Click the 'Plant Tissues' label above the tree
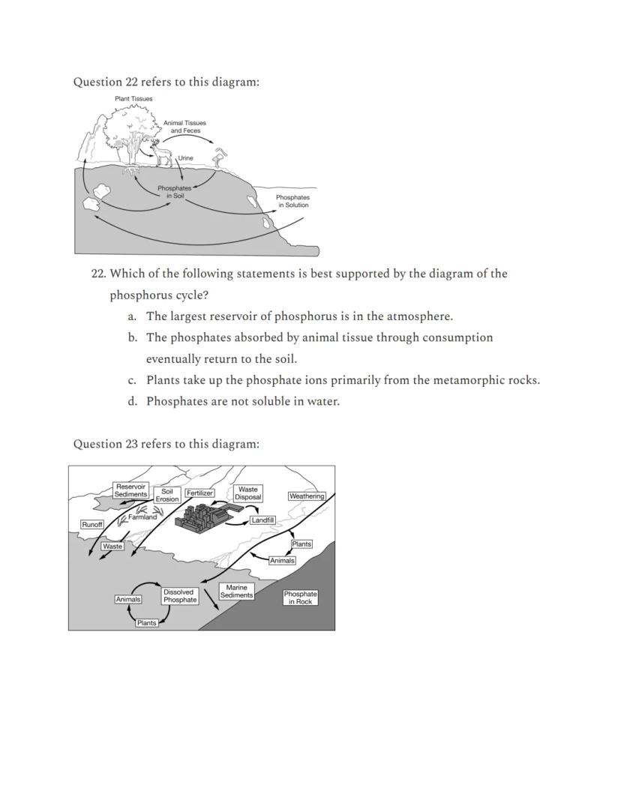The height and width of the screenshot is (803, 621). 133,99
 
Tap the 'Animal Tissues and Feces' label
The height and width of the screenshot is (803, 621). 184,127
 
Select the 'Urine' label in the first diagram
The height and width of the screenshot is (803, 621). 185,158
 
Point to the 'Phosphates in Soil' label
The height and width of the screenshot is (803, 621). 174,192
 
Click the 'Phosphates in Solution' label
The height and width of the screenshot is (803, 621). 292,201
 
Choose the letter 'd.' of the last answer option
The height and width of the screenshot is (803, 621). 132,401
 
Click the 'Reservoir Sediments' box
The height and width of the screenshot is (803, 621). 130,490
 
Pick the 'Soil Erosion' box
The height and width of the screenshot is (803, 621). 167,495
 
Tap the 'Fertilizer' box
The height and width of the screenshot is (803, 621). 199,493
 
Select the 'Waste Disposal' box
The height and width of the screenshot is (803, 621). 248,493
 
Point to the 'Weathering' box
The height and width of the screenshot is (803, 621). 307,496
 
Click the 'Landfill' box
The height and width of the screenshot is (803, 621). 262,520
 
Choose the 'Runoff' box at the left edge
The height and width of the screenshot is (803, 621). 92,525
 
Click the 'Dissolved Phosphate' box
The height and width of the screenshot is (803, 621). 180,596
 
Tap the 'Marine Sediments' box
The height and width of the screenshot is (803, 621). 236,592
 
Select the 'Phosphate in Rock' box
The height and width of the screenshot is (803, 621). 300,598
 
